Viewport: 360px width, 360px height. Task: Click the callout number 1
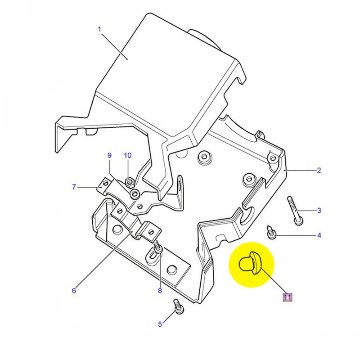point(99,30)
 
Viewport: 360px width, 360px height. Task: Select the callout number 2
point(319,170)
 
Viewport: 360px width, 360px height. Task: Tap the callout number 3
point(319,210)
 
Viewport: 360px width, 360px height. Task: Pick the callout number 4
point(319,235)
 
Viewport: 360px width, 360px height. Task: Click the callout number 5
point(159,324)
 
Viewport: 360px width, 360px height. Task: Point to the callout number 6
point(74,290)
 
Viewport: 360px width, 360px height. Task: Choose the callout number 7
point(74,186)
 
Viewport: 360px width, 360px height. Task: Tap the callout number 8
point(159,290)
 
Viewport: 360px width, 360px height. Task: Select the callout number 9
point(109,156)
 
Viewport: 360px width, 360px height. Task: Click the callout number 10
point(128,156)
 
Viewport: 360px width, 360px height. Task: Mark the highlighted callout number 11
point(287,297)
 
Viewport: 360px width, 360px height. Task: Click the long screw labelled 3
point(294,209)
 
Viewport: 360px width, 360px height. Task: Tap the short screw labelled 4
point(271,231)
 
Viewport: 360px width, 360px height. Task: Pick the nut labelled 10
point(128,182)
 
